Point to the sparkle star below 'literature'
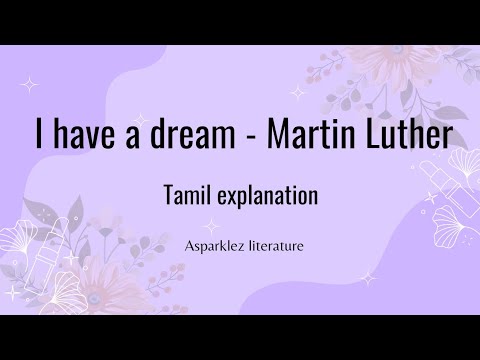tap(366, 277)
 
